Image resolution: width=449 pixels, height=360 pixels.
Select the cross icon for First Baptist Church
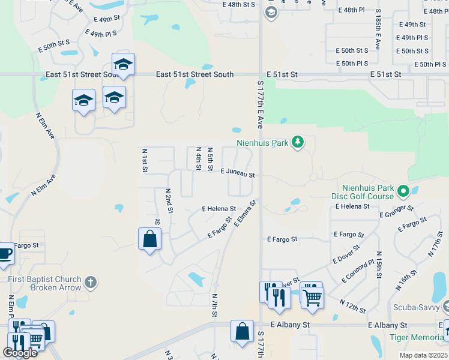(x=90, y=282)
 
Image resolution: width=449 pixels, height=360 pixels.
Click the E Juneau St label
(x=238, y=173)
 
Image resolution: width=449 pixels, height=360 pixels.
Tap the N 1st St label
(x=145, y=161)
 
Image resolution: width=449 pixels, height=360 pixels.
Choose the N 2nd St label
(x=169, y=200)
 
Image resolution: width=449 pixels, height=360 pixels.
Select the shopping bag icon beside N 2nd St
(x=149, y=239)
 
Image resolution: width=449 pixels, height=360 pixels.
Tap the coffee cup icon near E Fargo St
(x=5, y=254)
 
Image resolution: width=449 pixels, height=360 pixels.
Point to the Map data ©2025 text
(x=423, y=355)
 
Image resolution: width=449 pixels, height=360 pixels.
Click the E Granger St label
(x=396, y=211)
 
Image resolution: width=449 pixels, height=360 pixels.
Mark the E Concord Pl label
(x=358, y=271)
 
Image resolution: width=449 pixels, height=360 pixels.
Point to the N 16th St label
(x=406, y=279)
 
